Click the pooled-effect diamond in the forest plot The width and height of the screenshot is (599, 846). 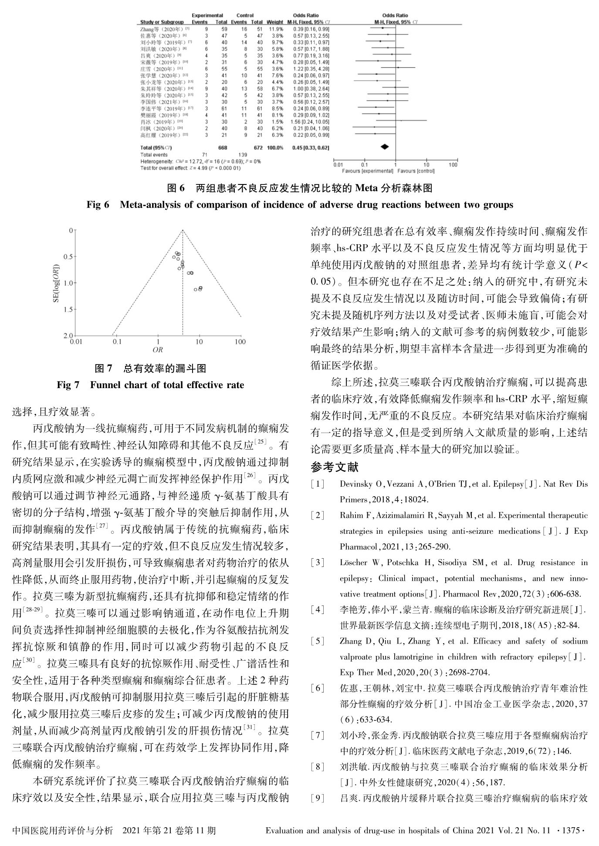385,147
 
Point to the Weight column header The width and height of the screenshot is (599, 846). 275,22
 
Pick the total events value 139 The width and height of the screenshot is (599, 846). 242,155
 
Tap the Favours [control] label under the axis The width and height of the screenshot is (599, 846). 416,171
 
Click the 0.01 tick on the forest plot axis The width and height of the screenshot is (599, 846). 338,165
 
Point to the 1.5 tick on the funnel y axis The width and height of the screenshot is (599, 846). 68,309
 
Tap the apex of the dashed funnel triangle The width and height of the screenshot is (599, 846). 183,230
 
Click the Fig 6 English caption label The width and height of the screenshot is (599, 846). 98,205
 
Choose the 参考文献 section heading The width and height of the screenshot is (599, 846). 334,467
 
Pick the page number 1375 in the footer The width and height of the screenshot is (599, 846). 571,830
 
